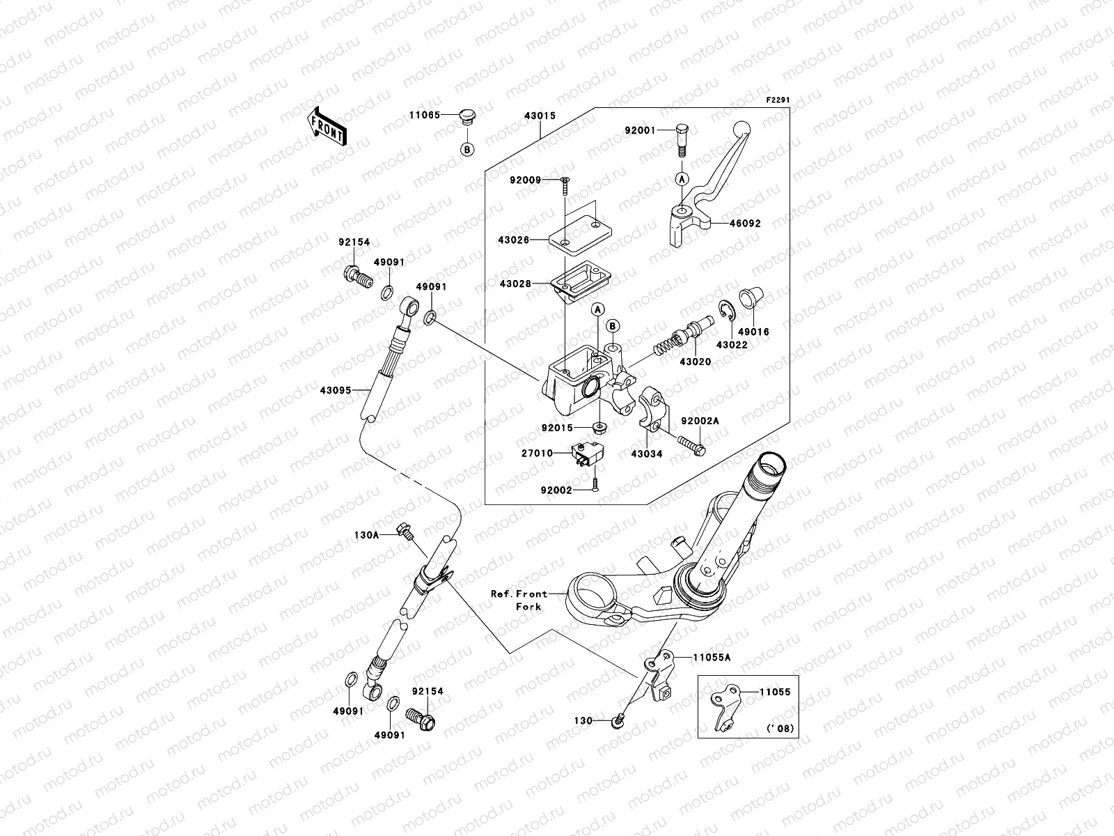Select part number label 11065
tap(423, 115)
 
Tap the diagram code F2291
tap(779, 101)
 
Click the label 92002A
tap(700, 421)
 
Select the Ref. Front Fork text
tap(519, 600)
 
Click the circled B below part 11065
tap(467, 149)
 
